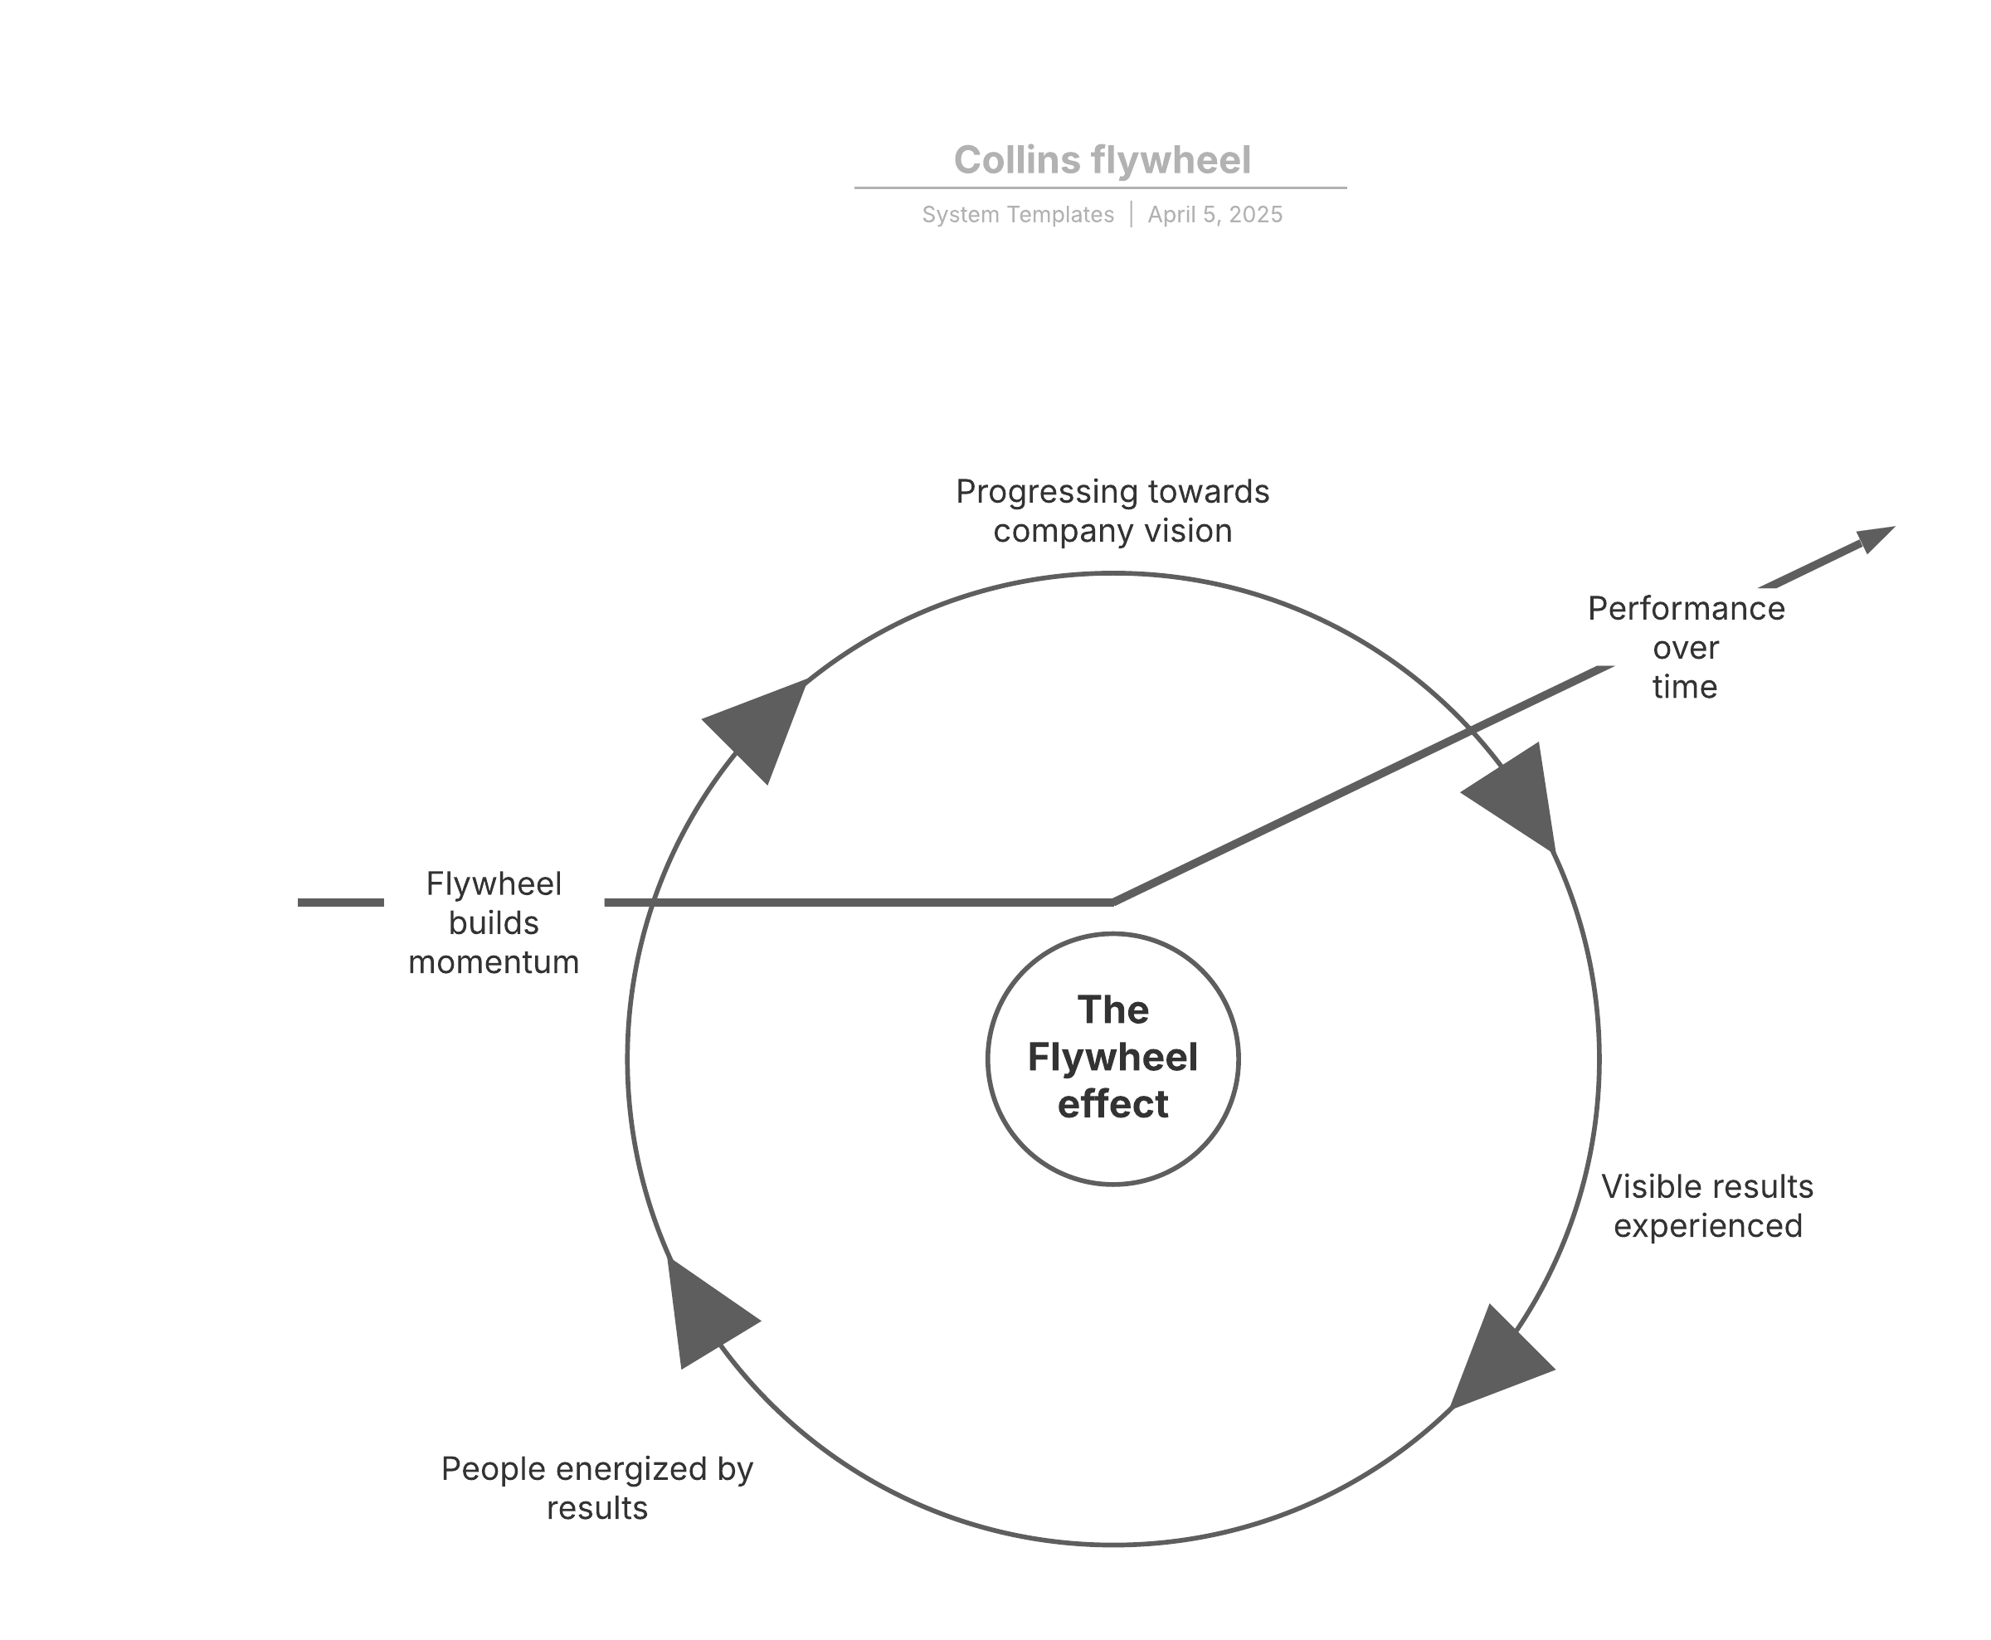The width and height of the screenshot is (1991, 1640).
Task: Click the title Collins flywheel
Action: [x=1102, y=161]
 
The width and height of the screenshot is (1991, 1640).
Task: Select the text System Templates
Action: [x=1017, y=216]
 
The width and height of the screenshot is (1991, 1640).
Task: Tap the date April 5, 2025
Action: [x=1215, y=216]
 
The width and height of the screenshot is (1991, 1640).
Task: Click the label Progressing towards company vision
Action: [x=1112, y=511]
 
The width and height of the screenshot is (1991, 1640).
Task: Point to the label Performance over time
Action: [x=1685, y=647]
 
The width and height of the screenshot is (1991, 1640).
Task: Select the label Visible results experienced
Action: [x=1706, y=1205]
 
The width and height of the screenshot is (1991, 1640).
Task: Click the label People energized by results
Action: [x=597, y=1488]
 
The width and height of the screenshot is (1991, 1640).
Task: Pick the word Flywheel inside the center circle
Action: [x=1112, y=1057]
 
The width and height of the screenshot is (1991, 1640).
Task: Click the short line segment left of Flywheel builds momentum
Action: [x=340, y=903]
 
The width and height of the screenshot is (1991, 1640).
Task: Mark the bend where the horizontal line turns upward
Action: [x=1112, y=903]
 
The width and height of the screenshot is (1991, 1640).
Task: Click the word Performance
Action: [x=1686, y=608]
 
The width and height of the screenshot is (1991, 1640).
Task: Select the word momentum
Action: [x=493, y=961]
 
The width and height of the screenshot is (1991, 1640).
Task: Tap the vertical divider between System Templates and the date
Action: [x=1131, y=215]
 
